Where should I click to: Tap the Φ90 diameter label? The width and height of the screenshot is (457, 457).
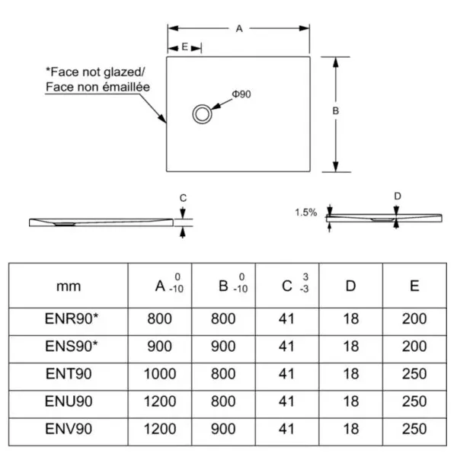pos(241,94)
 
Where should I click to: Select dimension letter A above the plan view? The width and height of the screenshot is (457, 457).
pos(238,28)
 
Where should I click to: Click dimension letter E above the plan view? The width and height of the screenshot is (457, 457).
pos(185,47)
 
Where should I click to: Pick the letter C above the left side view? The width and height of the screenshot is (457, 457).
pos(183,198)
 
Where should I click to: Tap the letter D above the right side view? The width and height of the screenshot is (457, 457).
pos(397,196)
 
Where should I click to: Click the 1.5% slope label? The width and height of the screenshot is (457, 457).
pos(305,213)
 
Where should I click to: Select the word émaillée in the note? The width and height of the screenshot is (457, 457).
pos(125,87)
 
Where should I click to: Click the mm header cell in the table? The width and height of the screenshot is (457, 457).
pos(68,286)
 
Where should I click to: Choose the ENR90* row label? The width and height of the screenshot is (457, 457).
pos(68,318)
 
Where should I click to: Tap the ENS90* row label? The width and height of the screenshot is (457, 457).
pos(68,346)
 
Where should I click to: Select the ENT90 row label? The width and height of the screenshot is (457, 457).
pos(68,374)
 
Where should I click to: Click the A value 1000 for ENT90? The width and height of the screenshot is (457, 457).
pos(159,374)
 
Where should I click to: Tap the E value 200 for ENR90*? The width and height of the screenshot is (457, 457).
pos(415,318)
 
